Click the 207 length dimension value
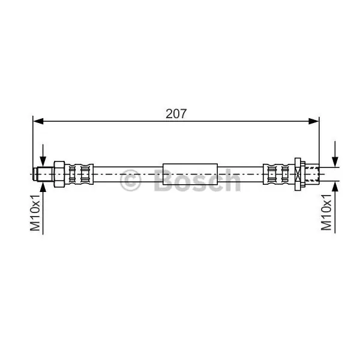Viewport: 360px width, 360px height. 176,113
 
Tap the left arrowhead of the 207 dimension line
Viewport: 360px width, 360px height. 38,121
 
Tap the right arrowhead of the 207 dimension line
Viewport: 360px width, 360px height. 314,121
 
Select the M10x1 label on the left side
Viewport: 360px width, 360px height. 35,212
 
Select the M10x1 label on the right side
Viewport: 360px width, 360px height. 326,212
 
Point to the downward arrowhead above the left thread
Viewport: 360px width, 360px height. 43,161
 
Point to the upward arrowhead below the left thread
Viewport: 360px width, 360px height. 43,187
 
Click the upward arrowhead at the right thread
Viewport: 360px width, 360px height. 335,187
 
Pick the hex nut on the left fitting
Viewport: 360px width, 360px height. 59,174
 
